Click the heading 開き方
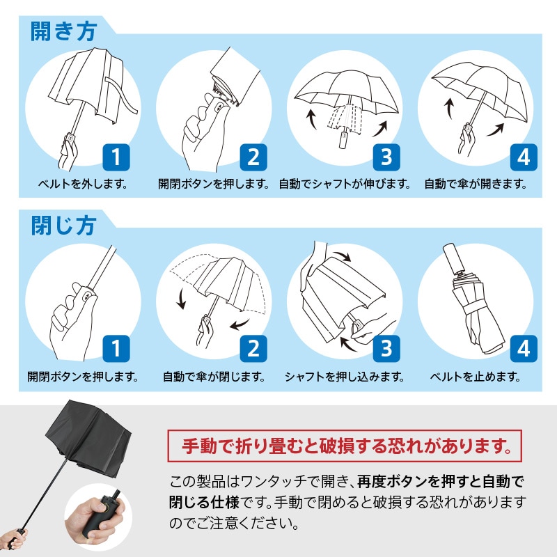tap(63, 31)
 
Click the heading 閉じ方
tap(63, 226)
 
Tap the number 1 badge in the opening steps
tap(116, 157)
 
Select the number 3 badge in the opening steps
tap(386, 157)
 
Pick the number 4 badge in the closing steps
tap(524, 349)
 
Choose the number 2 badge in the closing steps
tap(253, 349)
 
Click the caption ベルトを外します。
tap(83, 184)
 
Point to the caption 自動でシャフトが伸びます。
tap(345, 184)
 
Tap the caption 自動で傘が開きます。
tap(476, 184)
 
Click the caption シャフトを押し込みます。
tap(345, 377)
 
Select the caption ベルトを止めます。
tap(476, 377)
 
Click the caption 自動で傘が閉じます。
tap(214, 377)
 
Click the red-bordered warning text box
tap(345, 446)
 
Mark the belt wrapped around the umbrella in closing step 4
tap(473, 306)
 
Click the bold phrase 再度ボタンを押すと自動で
tap(441, 482)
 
